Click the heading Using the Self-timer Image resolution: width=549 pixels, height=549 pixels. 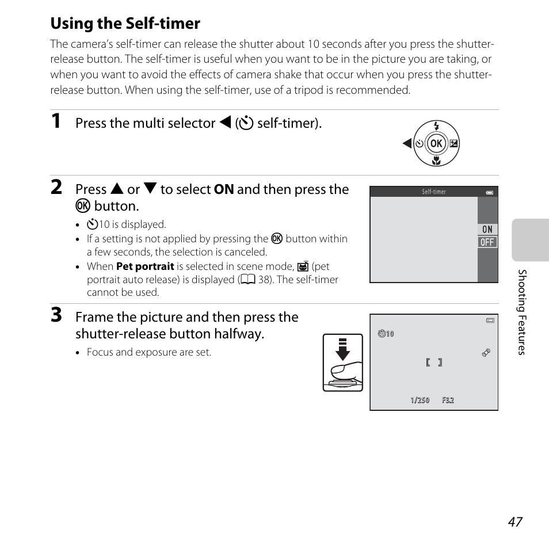pyautogui.click(x=125, y=24)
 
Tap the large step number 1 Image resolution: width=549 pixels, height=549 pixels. pyautogui.click(x=56, y=121)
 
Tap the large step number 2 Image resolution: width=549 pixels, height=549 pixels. pyautogui.click(x=56, y=188)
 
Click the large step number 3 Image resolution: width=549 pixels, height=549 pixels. pyautogui.click(x=56, y=315)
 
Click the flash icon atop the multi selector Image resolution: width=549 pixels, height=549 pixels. pyautogui.click(x=436, y=127)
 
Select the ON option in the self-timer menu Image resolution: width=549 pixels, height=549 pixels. pyautogui.click(x=487, y=229)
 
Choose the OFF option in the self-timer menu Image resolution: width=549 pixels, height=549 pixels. pyautogui.click(x=487, y=242)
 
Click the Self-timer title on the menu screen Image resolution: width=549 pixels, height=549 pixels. pyautogui.click(x=434, y=192)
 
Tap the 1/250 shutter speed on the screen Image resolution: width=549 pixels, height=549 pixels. pyautogui.click(x=420, y=401)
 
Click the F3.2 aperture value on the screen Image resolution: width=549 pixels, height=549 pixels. pyautogui.click(x=448, y=401)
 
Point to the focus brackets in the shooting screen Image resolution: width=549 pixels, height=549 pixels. pyautogui.click(x=434, y=363)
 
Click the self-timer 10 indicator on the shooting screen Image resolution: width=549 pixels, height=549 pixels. pyautogui.click(x=386, y=334)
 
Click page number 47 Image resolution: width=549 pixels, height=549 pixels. pyautogui.click(x=515, y=521)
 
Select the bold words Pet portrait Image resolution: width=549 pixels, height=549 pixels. pyautogui.click(x=145, y=266)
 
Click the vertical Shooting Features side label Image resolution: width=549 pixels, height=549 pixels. pyautogui.click(x=521, y=312)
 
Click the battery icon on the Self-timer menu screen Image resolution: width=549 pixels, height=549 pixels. pyautogui.click(x=490, y=193)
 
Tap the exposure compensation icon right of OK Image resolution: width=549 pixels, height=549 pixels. pyautogui.click(x=454, y=144)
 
